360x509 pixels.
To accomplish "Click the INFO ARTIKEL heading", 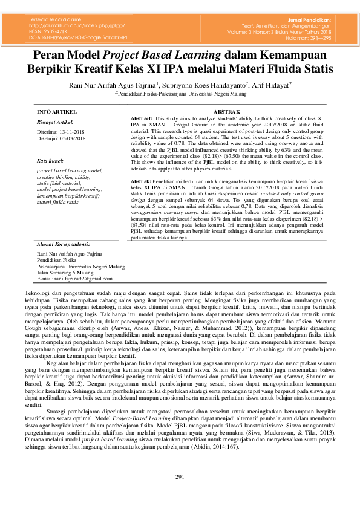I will pos(57,112).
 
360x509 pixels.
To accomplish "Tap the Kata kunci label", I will pos(50,161).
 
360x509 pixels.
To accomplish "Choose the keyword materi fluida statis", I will pos(57,202).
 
